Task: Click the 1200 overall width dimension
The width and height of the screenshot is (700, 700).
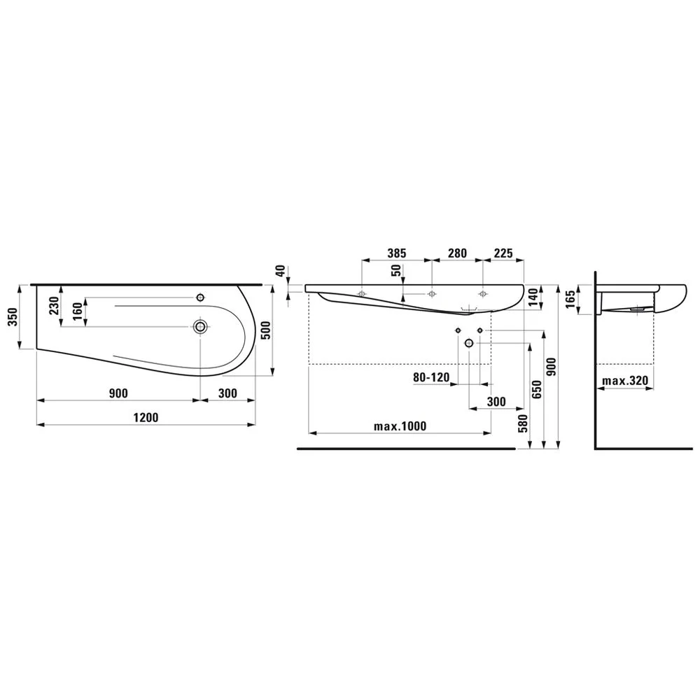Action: (146, 417)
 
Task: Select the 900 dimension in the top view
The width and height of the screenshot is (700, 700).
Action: (118, 393)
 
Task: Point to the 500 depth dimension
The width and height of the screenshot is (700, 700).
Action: (265, 330)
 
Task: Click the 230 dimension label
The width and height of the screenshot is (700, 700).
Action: (54, 306)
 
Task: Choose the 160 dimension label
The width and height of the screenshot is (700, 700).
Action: (77, 311)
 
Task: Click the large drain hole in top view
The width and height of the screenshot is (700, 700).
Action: (200, 327)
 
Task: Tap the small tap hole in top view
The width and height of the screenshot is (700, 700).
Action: (200, 297)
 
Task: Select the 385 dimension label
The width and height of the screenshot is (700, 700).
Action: (396, 253)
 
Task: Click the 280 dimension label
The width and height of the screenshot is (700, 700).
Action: (457, 253)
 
